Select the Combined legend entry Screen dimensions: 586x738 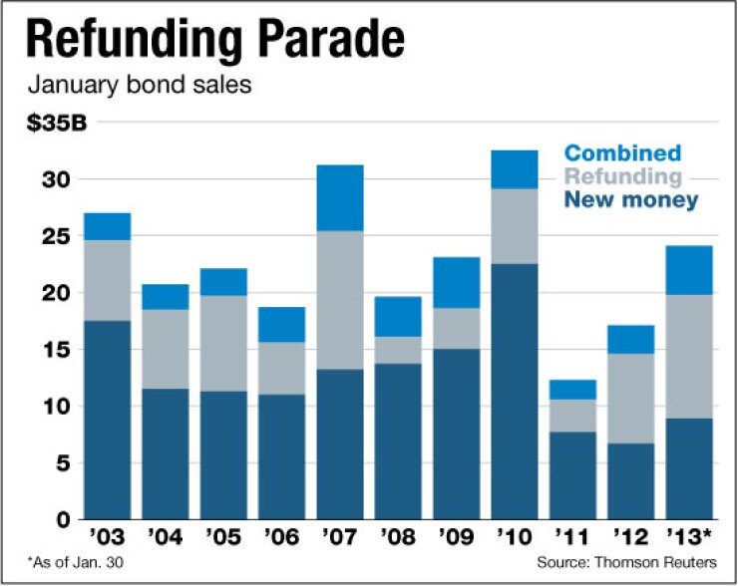(622, 153)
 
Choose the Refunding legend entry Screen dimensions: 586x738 (622, 176)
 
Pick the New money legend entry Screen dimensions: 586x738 (630, 200)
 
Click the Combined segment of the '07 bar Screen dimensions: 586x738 (339, 197)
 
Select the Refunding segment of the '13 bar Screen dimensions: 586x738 (688, 356)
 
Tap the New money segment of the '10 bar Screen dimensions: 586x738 (515, 391)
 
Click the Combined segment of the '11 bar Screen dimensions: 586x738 (572, 390)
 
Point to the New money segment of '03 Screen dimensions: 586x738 (107, 419)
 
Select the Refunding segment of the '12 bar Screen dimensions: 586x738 (630, 398)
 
